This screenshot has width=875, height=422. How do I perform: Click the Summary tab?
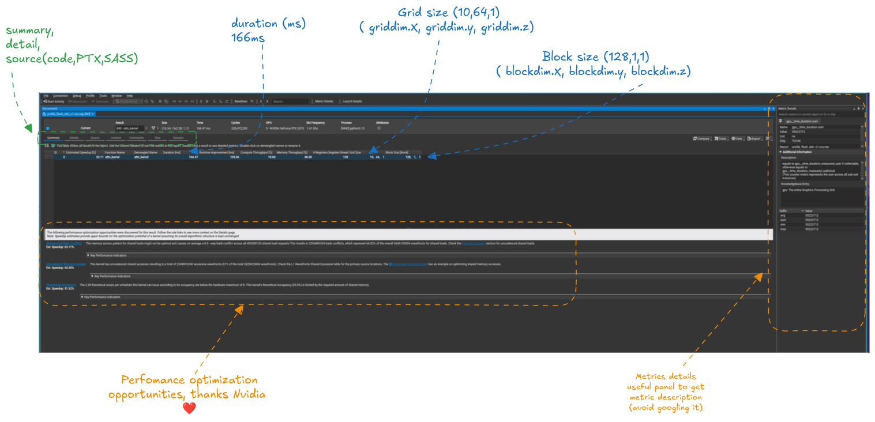[53, 138]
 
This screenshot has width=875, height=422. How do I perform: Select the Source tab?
[95, 138]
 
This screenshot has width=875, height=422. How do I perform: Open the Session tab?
[178, 138]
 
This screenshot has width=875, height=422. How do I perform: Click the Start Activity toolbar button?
[54, 101]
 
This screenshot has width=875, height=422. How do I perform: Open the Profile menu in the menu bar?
[90, 96]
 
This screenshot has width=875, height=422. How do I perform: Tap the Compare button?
[701, 139]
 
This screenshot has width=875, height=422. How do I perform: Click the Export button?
[754, 139]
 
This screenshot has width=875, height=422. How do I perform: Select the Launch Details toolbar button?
[352, 101]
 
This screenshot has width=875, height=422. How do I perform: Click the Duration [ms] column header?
[172, 152]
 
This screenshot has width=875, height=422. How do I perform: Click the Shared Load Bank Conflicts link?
[63, 243]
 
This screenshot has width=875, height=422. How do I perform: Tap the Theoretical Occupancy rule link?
[61, 284]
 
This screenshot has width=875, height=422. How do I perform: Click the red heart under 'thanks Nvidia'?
[189, 408]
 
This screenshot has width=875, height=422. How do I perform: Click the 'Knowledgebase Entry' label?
[797, 184]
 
